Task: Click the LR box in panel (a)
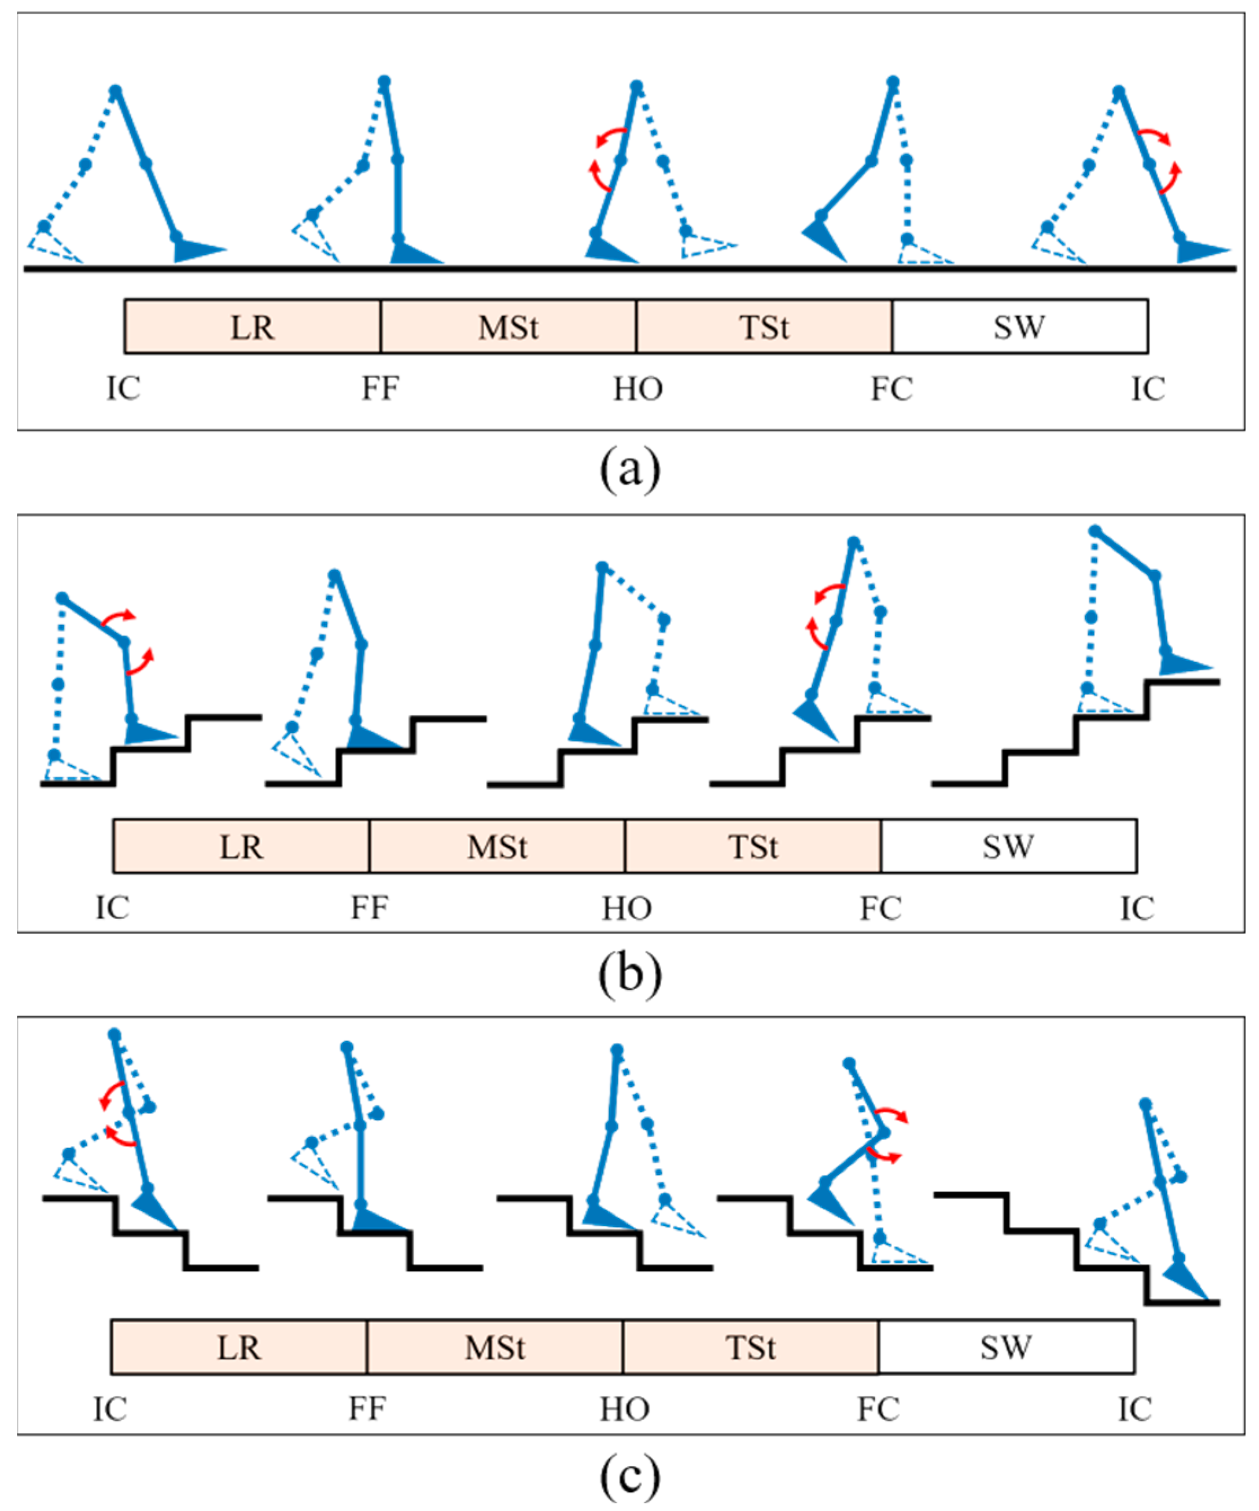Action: point(252,327)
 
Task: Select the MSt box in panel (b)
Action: point(496,846)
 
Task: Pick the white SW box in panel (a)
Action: point(1019,327)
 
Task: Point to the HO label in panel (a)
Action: point(637,389)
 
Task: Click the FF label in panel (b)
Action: point(369,908)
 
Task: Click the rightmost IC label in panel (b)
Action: point(1137,908)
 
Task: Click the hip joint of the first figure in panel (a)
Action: point(115,91)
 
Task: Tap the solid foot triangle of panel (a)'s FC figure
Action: point(824,241)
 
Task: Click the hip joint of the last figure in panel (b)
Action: point(1095,531)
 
